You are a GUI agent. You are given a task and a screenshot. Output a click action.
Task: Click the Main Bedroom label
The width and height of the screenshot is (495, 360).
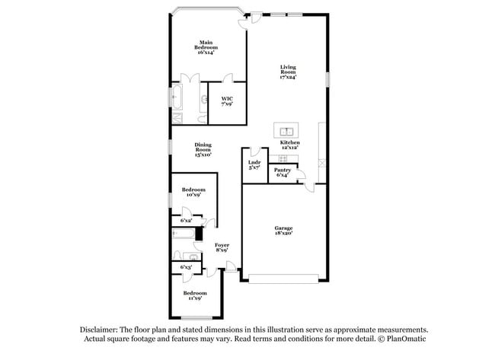pos(206,47)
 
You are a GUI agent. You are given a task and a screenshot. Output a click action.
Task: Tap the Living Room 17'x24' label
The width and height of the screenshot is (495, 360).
pos(288,72)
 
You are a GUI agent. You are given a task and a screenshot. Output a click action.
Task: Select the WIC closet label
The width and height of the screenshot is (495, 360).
pos(227,101)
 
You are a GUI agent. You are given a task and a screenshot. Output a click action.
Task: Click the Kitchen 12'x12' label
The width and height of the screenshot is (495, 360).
pos(289,145)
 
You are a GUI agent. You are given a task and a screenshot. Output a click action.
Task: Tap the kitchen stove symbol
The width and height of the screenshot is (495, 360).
pos(283,158)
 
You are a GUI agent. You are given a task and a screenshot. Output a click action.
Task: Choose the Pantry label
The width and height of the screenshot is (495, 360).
pos(282,173)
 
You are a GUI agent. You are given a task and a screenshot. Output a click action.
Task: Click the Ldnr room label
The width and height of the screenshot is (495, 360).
pos(254,165)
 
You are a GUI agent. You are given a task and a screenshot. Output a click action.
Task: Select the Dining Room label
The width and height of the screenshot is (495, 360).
pos(203,148)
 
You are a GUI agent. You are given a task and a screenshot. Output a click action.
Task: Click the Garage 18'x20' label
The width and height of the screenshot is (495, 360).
pos(284,231)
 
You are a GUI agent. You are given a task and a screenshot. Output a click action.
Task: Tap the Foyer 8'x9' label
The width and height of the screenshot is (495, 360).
pos(222,247)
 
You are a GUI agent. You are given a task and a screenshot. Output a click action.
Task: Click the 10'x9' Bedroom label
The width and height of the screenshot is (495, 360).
pos(193,192)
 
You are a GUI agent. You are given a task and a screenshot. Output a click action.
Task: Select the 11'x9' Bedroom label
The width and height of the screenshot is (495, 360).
pos(194,295)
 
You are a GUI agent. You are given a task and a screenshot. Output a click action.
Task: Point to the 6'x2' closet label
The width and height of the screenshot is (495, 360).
pos(186,221)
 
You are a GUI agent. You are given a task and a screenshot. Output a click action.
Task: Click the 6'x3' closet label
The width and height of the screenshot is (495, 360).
pos(186,268)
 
